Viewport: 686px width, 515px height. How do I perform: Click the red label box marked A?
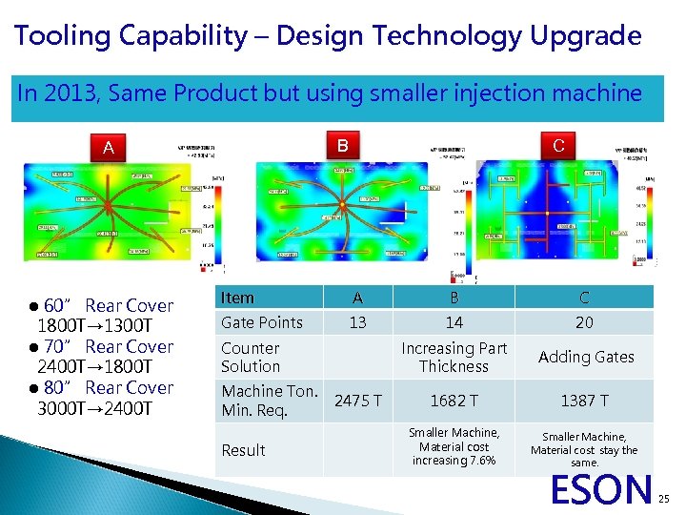[x=109, y=148]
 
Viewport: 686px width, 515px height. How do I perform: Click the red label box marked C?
[x=558, y=146]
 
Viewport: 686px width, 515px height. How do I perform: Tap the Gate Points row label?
[x=261, y=322]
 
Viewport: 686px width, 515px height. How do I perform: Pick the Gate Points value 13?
[x=357, y=322]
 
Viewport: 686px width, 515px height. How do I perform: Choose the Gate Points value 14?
[x=454, y=322]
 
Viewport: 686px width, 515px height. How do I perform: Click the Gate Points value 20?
[x=584, y=322]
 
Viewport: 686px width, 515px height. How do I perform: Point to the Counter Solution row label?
[x=251, y=357]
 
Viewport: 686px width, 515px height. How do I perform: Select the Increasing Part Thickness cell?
[x=454, y=357]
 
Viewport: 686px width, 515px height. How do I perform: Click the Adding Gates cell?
[x=585, y=357]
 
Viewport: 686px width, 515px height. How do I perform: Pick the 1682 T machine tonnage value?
[x=454, y=401]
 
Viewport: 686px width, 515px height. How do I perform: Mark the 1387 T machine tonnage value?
[x=584, y=401]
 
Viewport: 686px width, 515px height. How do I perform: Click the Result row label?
[x=243, y=450]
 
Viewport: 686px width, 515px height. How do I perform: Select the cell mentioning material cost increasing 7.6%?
[x=454, y=446]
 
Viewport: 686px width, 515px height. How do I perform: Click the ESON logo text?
[x=601, y=489]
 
